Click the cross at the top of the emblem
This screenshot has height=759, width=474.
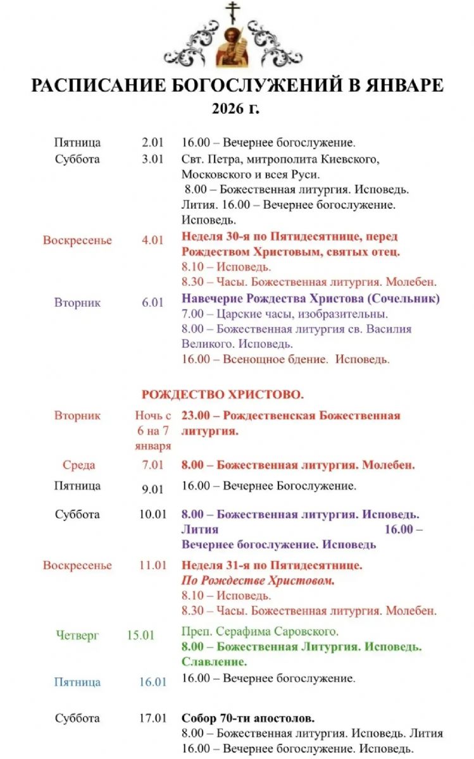click(x=234, y=12)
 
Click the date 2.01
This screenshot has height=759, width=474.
click(x=153, y=143)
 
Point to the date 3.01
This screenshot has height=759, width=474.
click(x=153, y=159)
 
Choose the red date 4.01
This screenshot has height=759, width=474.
click(x=153, y=240)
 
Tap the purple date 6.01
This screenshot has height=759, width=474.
click(x=153, y=302)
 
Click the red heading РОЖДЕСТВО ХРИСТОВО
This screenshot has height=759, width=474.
click(x=223, y=395)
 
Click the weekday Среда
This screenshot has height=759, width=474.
click(x=79, y=466)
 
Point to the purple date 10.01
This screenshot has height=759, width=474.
click(x=153, y=514)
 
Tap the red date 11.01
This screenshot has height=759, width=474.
click(x=153, y=565)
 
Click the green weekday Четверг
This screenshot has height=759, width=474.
click(x=77, y=635)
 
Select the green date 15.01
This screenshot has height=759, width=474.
click(x=140, y=635)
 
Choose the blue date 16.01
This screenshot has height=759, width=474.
click(x=153, y=682)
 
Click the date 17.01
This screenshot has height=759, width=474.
click(x=153, y=719)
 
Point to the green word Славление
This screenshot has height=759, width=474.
click(x=214, y=662)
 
